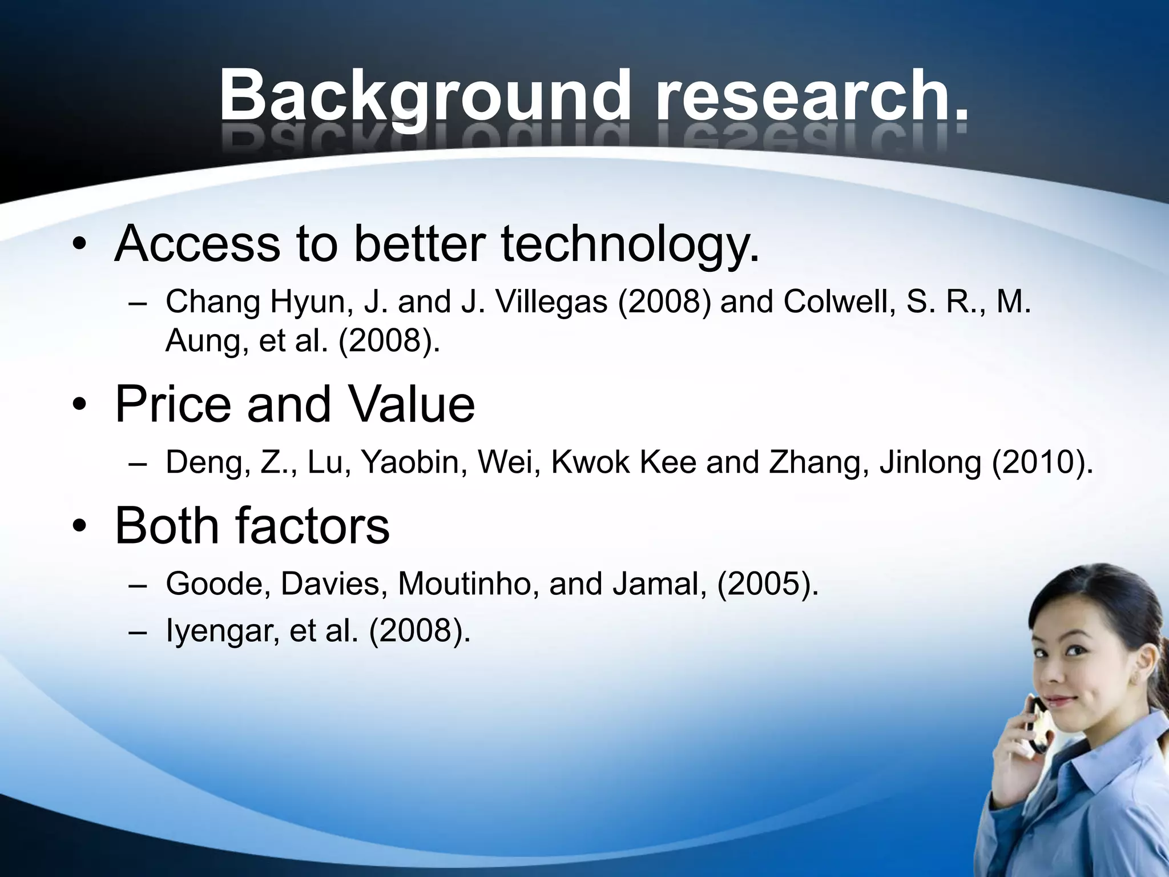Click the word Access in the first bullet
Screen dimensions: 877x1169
197,244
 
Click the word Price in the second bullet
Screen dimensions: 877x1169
173,404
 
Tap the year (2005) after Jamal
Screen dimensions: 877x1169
767,584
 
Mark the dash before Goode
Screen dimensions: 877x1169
138,585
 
